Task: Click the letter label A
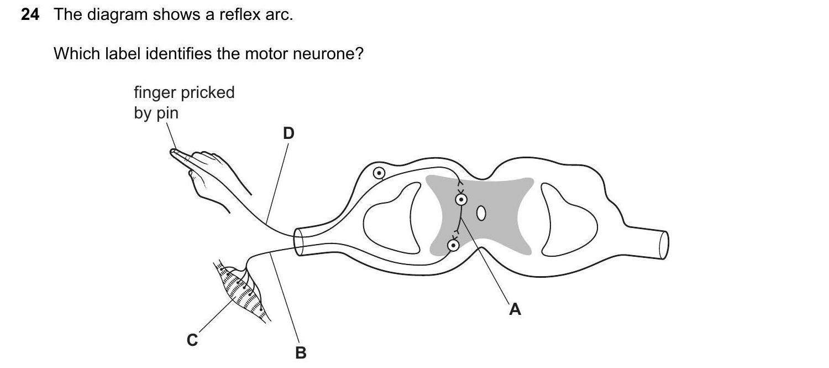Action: click(515, 309)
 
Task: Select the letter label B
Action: click(301, 353)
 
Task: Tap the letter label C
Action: click(192, 340)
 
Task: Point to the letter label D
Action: click(288, 133)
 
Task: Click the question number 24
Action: click(30, 15)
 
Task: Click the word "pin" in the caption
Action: click(167, 113)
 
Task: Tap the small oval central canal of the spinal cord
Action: click(481, 213)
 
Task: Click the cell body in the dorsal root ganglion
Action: click(379, 173)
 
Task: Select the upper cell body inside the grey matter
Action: click(461, 199)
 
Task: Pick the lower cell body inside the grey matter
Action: click(453, 245)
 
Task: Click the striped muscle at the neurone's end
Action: click(243, 293)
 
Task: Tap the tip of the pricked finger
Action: click(173, 151)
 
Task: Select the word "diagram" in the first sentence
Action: click(115, 15)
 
